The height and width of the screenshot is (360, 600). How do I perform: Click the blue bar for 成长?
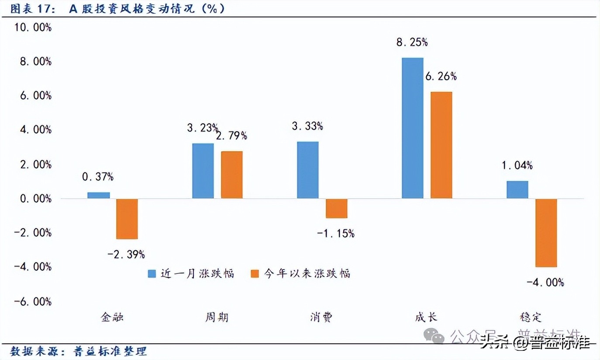pos(412,128)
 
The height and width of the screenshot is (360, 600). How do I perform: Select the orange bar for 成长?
pos(441,145)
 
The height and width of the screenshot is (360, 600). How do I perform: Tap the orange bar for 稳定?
pos(546,233)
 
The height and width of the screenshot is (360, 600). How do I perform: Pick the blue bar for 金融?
pos(99,195)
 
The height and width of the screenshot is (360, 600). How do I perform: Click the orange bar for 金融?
pos(127,219)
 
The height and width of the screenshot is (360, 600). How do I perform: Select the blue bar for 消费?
pos(308,170)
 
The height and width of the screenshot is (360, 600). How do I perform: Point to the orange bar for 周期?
pos(231,175)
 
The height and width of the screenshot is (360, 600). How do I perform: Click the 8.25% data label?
pos(412,42)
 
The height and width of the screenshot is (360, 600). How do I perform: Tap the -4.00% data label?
pos(545,283)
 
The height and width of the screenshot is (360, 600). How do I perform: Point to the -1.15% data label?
pos(336,233)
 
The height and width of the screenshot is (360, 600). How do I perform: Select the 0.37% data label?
pos(98,177)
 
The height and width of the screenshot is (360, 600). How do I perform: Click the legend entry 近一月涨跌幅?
pos(191,273)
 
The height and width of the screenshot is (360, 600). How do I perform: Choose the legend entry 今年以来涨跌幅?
pos(301,273)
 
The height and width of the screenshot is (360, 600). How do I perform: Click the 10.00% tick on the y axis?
pos(33,27)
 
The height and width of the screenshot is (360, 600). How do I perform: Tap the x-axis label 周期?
pos(217,317)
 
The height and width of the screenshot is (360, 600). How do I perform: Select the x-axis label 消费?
pos(321,317)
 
